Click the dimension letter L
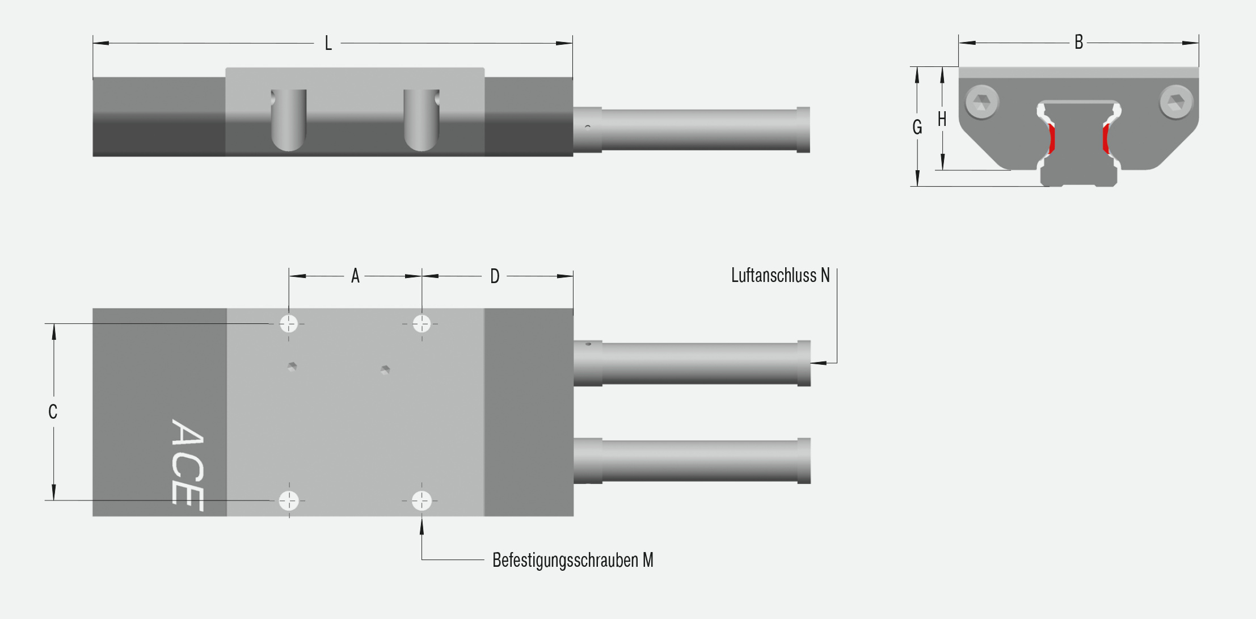[x=328, y=43]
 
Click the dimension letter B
[x=1078, y=42]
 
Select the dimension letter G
[x=917, y=127]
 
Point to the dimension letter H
[x=942, y=119]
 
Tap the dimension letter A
[x=355, y=276]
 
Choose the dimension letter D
[x=495, y=276]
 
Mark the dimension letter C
[x=53, y=411]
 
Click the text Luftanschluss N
[x=780, y=275]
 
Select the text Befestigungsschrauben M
[x=572, y=560]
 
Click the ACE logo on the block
[x=187, y=465]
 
